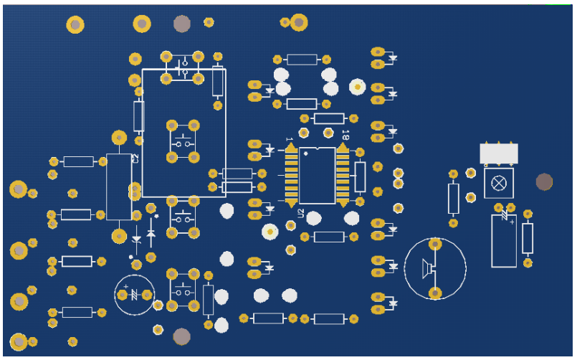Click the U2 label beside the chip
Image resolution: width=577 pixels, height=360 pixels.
pyautogui.click(x=301, y=214)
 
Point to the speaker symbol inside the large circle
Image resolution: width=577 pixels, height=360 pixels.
pyautogui.click(x=429, y=268)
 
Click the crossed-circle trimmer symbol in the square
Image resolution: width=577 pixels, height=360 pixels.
pyautogui.click(x=498, y=184)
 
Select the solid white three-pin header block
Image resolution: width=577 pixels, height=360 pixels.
pyautogui.click(x=499, y=153)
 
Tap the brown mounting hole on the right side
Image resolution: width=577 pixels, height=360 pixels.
pyautogui.click(x=544, y=182)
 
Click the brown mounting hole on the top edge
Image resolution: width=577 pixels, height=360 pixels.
pyautogui.click(x=182, y=24)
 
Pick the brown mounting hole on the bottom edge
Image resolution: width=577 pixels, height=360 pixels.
pyautogui.click(x=181, y=336)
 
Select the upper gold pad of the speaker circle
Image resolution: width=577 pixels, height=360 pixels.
pyautogui.click(x=435, y=245)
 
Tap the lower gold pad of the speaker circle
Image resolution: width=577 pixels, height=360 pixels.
pyautogui.click(x=435, y=292)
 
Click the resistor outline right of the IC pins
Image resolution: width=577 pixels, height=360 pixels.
pyautogui.click(x=360, y=176)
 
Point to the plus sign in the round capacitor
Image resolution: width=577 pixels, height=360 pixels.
pyautogui.click(x=125, y=287)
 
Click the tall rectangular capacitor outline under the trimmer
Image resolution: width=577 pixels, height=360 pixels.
pyautogui.click(x=504, y=241)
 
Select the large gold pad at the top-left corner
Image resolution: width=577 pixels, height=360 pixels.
pyautogui.click(x=75, y=25)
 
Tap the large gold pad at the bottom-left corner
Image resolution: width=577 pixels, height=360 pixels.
pyautogui.click(x=18, y=341)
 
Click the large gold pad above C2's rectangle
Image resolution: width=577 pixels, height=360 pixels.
pyautogui.click(x=119, y=138)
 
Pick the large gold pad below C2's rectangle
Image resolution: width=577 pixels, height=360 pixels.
pyautogui.click(x=119, y=235)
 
